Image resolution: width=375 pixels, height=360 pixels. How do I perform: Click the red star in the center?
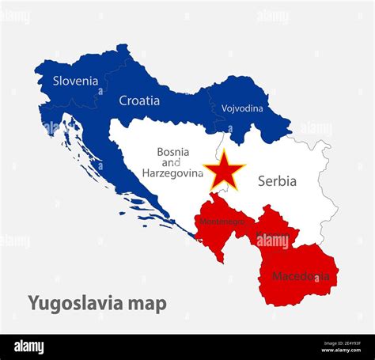(x=224, y=171)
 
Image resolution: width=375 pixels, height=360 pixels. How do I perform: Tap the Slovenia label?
(x=76, y=81)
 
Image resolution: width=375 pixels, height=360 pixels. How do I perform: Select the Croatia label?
(x=139, y=100)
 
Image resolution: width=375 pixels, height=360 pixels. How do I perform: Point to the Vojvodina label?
(x=242, y=108)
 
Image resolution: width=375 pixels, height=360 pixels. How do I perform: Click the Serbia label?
(x=277, y=181)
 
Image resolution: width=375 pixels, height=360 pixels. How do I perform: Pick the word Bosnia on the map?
(x=172, y=151)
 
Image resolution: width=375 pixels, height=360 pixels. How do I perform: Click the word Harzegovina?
(x=172, y=172)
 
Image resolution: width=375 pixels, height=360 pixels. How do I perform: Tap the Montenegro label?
(x=222, y=222)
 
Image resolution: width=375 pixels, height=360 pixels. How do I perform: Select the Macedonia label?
(x=301, y=276)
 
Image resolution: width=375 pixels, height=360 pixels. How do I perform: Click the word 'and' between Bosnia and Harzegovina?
(x=172, y=162)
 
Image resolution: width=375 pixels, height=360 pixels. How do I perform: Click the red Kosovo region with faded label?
(x=274, y=229)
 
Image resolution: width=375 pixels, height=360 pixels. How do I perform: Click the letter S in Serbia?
(x=262, y=181)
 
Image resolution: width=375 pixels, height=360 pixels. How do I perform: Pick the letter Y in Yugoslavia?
(x=33, y=304)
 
